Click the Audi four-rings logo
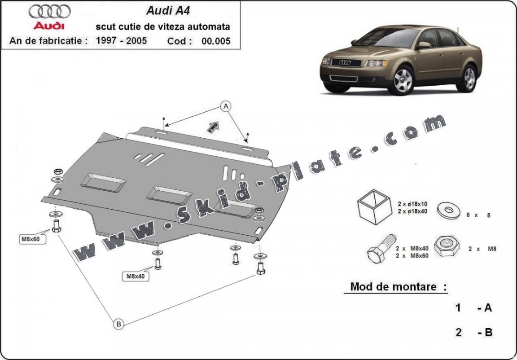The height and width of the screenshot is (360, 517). click(x=49, y=12)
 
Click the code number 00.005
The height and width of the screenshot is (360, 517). click(x=216, y=41)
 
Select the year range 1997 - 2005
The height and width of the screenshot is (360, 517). click(x=121, y=41)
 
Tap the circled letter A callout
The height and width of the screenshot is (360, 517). click(x=226, y=106)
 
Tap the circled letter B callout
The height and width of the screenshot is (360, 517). click(x=118, y=324)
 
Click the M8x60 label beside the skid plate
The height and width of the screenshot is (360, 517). click(x=31, y=239)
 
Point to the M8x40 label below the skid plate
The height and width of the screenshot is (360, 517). click(x=135, y=277)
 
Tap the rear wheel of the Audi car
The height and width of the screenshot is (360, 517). click(x=469, y=78)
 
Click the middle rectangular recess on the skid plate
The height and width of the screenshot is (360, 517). click(x=169, y=194)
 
